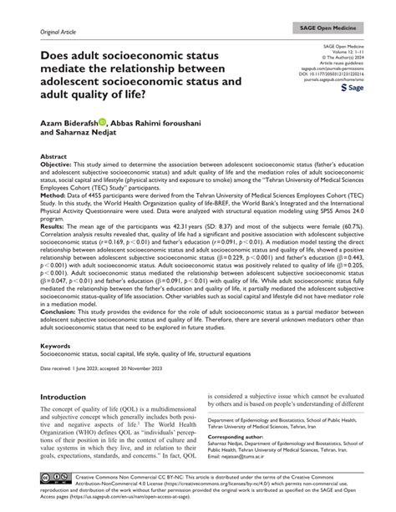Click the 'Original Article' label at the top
click(x=47, y=30)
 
